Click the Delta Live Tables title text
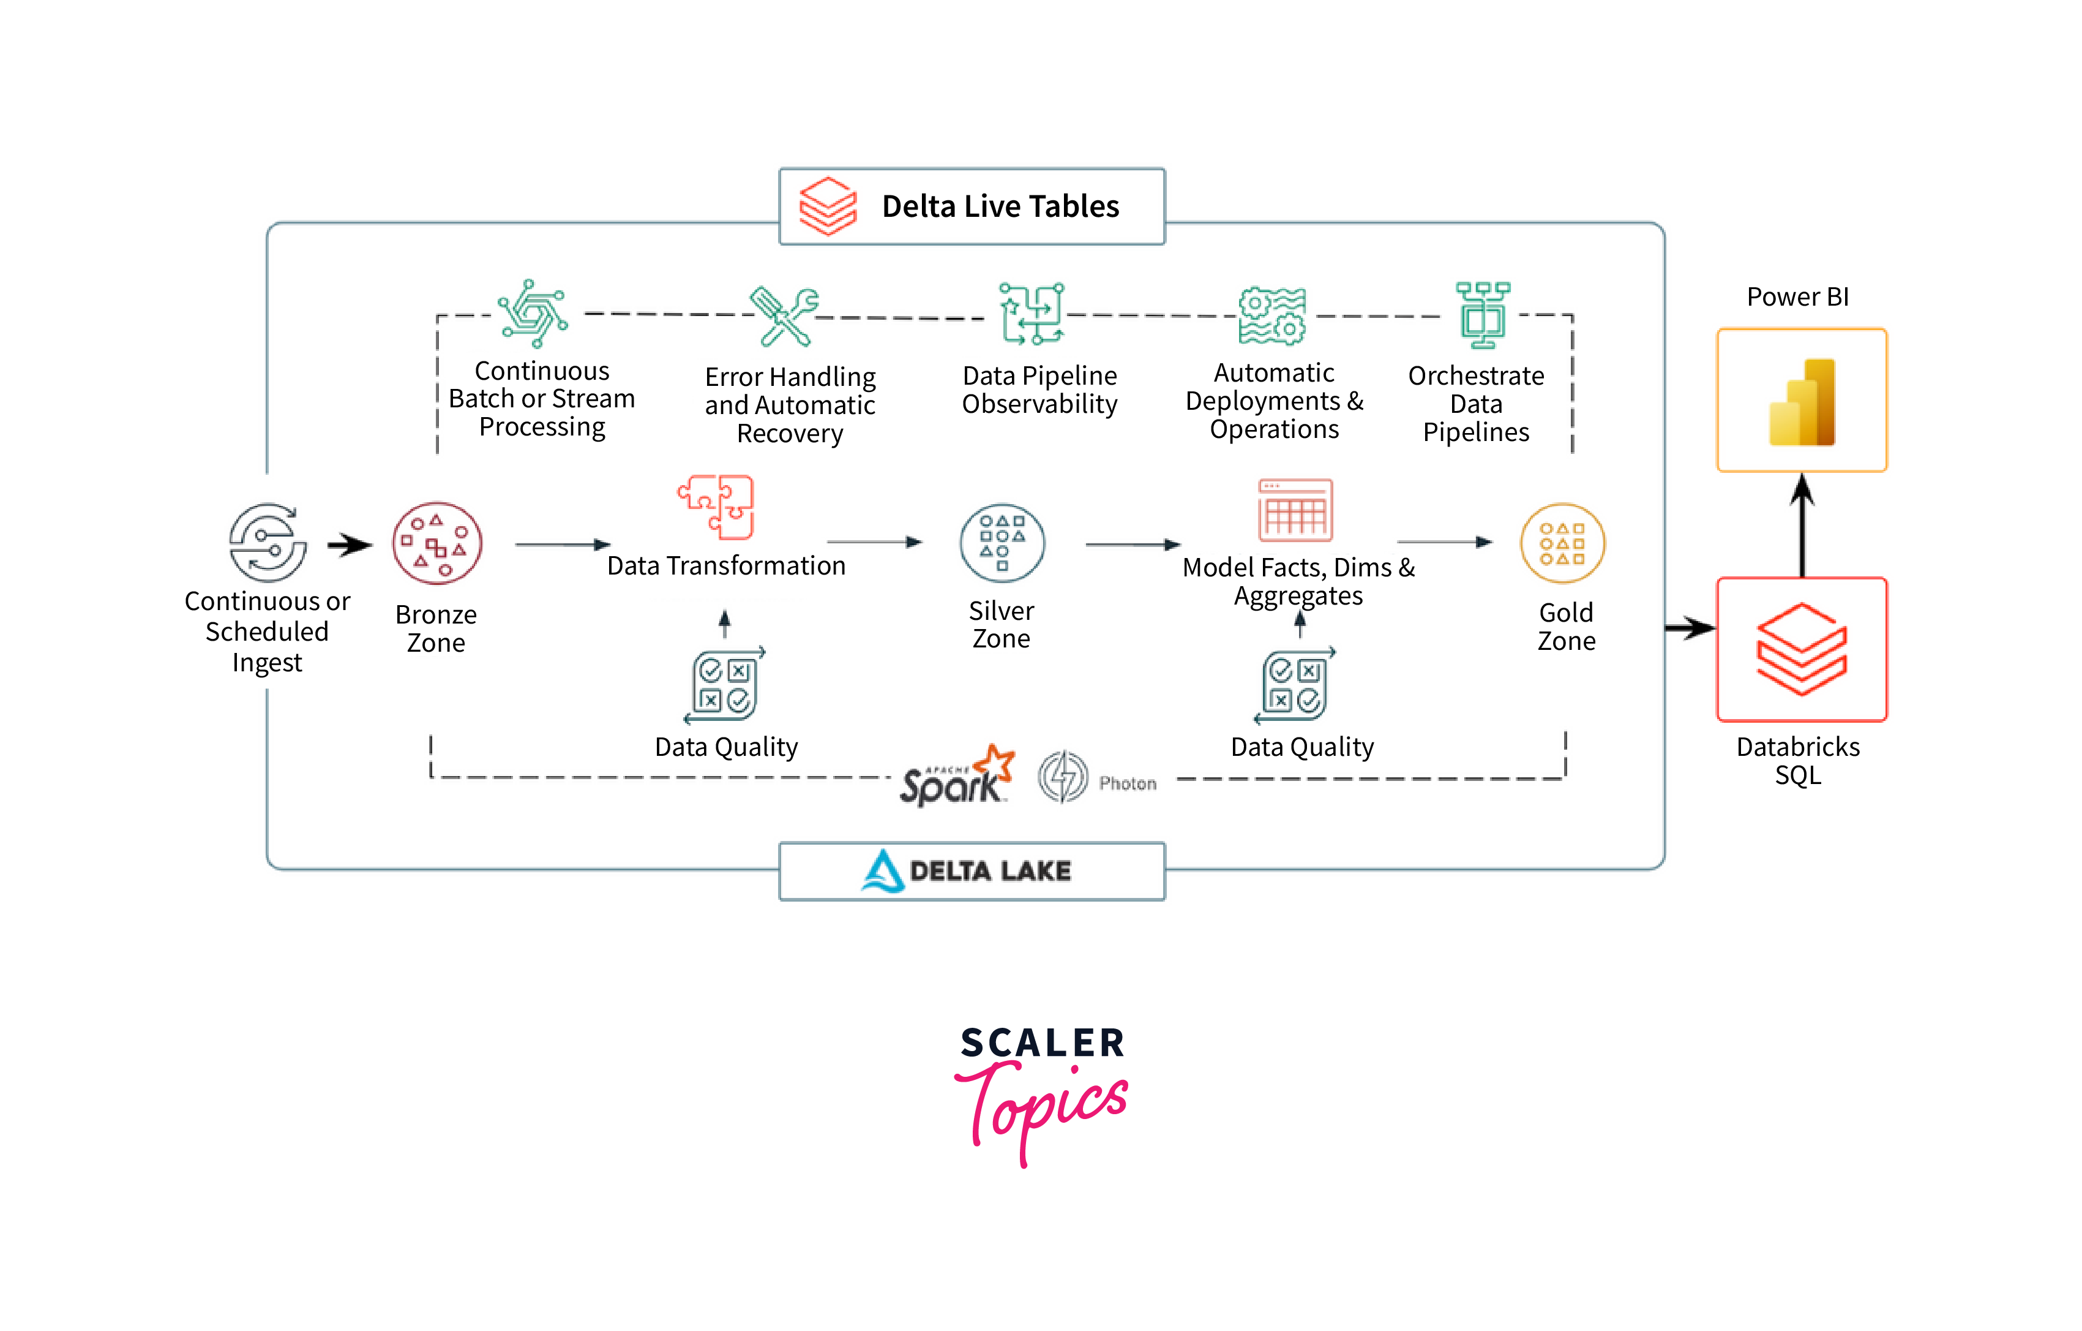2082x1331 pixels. [x=1000, y=206]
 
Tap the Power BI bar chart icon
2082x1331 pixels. [x=1802, y=402]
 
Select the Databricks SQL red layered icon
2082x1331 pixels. [x=1802, y=649]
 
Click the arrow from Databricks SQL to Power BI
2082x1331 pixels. [x=1802, y=525]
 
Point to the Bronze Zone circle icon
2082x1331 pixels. [x=436, y=544]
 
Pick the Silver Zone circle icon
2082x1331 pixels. [x=1002, y=544]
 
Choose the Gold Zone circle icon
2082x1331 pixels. [x=1562, y=544]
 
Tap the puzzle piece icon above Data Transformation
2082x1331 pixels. [x=717, y=507]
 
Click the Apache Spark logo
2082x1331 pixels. [x=956, y=777]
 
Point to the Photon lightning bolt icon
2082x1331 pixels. [x=1063, y=777]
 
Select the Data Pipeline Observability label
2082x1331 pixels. [x=1039, y=390]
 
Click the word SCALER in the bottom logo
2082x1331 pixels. [x=1042, y=1043]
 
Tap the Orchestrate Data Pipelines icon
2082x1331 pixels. [x=1482, y=315]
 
